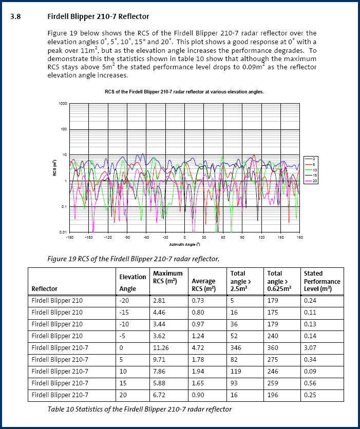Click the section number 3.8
click(15, 16)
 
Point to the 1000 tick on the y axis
click(63, 103)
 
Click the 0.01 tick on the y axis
click(64, 232)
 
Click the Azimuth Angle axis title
click(184, 244)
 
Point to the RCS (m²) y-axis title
click(54, 168)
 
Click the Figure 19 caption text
click(133, 259)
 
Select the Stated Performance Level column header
click(321, 281)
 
